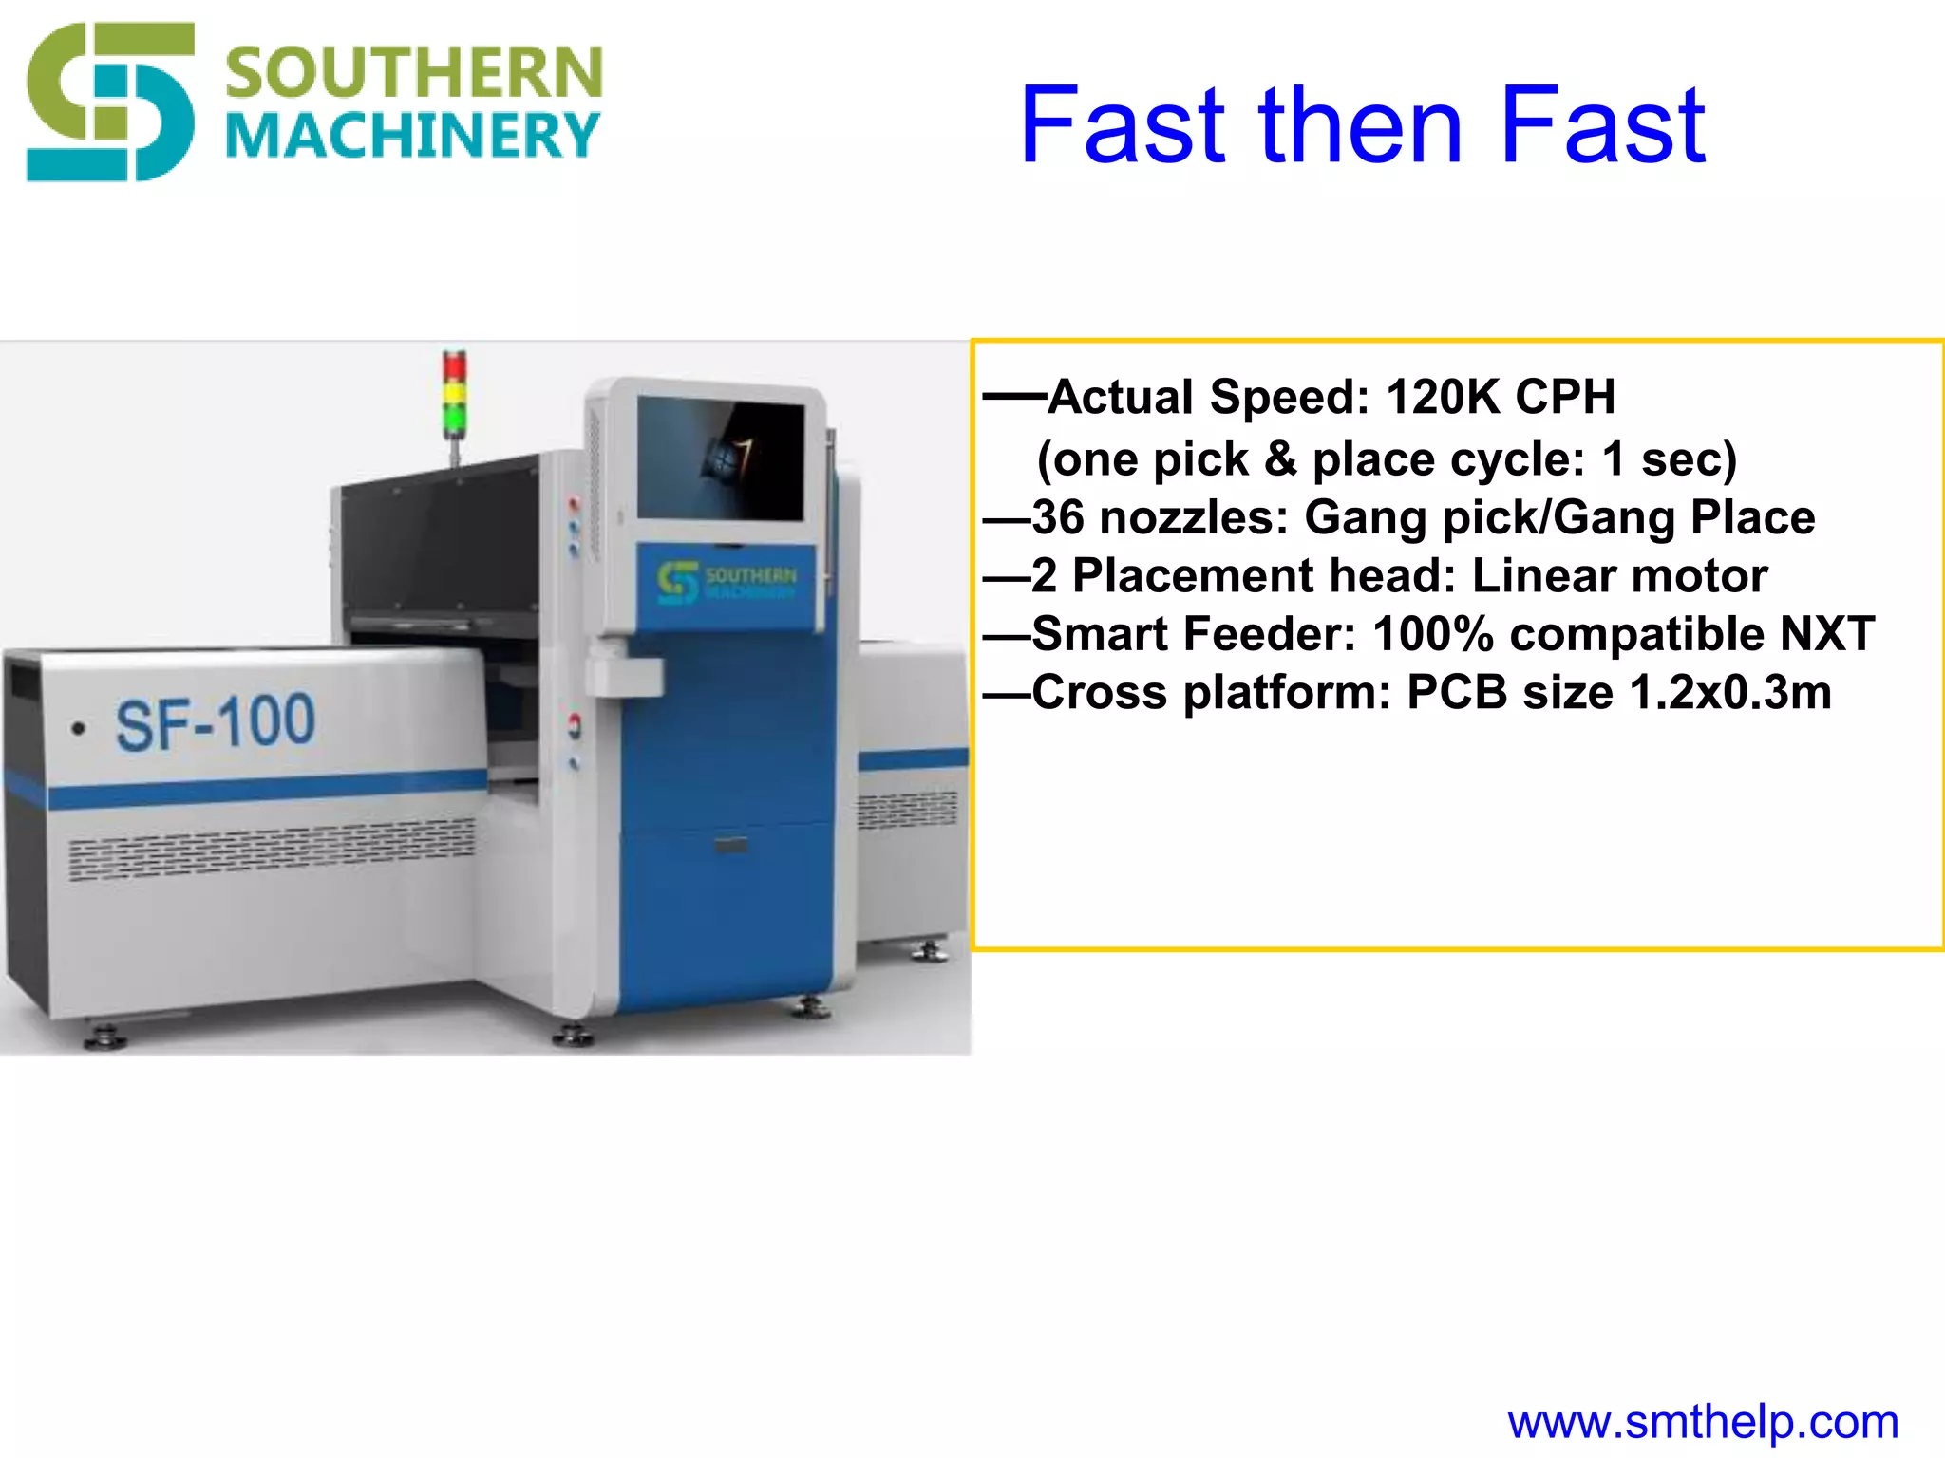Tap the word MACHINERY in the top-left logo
click(x=414, y=136)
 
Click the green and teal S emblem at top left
click(x=110, y=103)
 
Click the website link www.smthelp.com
click(x=1703, y=1422)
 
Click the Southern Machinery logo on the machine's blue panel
click(x=727, y=580)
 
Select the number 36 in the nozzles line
click(x=1058, y=518)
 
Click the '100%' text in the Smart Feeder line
click(x=1433, y=634)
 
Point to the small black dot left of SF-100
click(x=80, y=729)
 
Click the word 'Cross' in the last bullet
click(x=1100, y=693)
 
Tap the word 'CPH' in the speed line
click(x=1565, y=397)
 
